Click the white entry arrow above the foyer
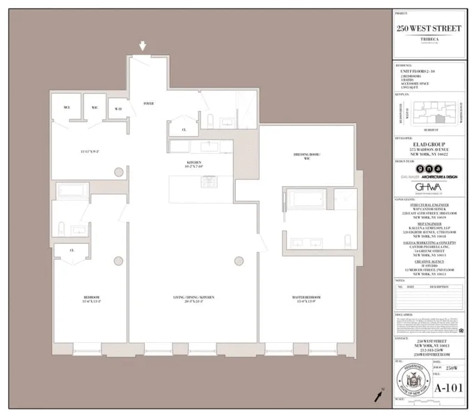pos(143,47)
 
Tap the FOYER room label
pos(148,104)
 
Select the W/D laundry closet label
pos(118,109)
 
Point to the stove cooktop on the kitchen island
pos(208,181)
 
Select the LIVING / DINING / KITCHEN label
pos(193,298)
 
